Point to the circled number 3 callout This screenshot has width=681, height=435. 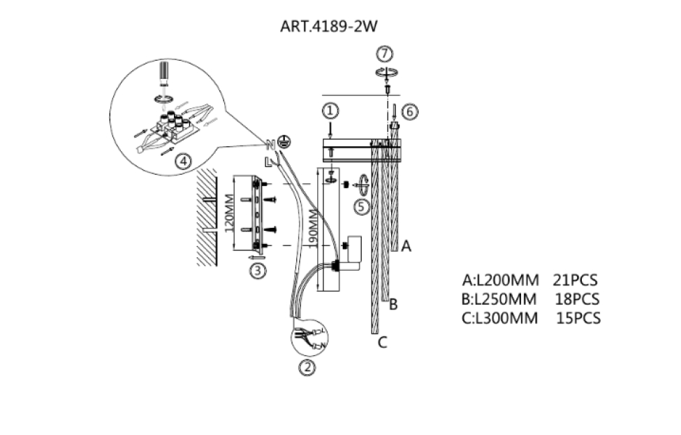click(x=259, y=271)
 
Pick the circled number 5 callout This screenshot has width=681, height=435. click(x=360, y=206)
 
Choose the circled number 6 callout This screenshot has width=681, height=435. click(x=410, y=110)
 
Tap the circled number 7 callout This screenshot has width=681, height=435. click(x=384, y=54)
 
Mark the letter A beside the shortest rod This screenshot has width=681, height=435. click(x=407, y=246)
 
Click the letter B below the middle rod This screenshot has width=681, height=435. click(x=393, y=304)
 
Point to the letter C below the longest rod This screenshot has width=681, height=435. click(x=382, y=342)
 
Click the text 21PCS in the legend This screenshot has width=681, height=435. click(x=575, y=280)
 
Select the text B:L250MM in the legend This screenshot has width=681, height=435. click(x=499, y=299)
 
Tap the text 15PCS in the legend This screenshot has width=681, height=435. click(x=578, y=318)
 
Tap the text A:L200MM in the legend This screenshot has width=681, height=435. click(x=500, y=280)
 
